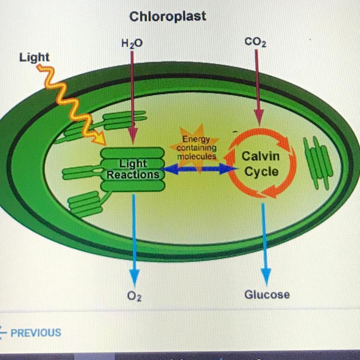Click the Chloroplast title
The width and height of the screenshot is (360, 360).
[168, 16]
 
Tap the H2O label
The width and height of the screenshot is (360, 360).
[132, 43]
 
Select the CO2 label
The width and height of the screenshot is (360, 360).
[255, 42]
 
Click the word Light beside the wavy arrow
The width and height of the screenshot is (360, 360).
[34, 58]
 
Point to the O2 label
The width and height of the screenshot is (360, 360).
[134, 296]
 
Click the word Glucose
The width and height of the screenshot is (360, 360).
[267, 295]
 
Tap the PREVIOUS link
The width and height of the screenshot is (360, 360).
[36, 333]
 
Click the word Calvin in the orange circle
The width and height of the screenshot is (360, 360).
[261, 156]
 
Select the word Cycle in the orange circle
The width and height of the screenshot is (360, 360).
[261, 172]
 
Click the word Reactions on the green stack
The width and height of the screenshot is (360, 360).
[133, 175]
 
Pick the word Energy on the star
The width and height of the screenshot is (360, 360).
[196, 139]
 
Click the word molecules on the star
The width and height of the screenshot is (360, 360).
[196, 156]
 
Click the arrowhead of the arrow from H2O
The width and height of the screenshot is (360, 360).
[133, 136]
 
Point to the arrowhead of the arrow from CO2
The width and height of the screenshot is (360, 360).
[259, 118]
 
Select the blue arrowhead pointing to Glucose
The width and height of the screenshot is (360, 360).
[266, 277]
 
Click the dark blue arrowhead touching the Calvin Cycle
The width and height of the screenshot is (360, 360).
[228, 169]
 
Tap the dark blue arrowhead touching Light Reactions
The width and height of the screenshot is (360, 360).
[170, 169]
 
